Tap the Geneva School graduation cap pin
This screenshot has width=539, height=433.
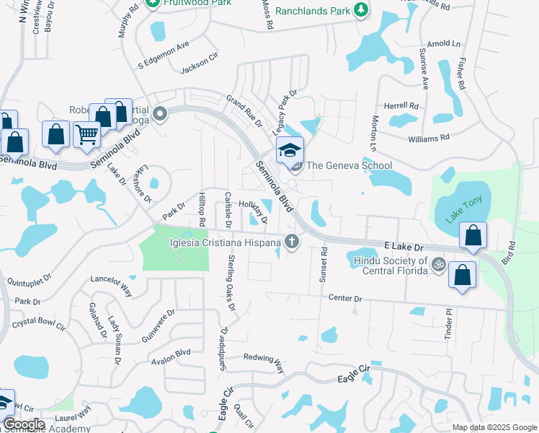[x=290, y=151]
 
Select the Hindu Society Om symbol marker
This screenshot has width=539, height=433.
[x=435, y=266]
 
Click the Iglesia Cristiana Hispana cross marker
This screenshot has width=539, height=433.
[x=292, y=241]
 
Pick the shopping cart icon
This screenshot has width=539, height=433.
[x=86, y=134]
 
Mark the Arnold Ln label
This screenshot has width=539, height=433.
[x=443, y=44]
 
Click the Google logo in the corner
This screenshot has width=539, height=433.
[x=24, y=424]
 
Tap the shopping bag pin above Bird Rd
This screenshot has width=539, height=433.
[x=472, y=236]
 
